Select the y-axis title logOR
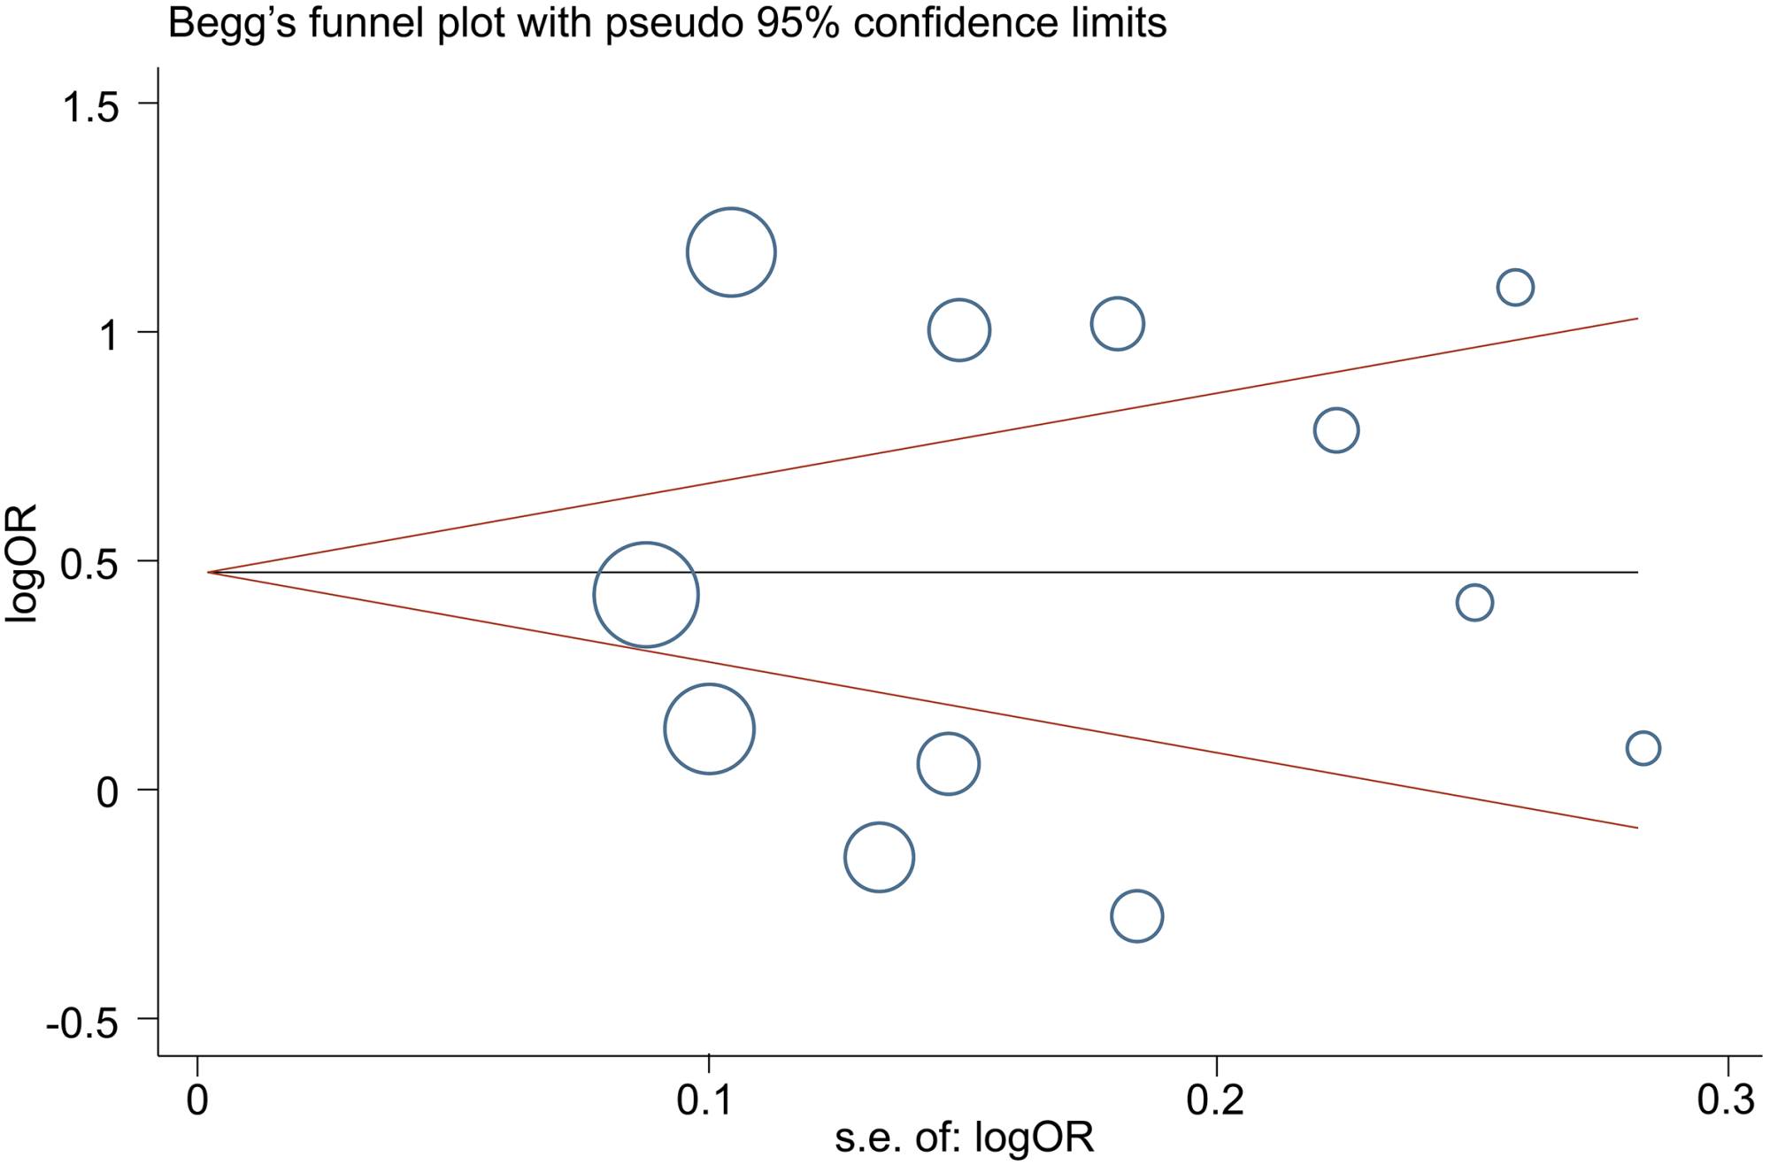(x=22, y=563)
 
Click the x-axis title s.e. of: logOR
(x=964, y=1138)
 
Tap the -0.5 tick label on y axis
(x=82, y=1024)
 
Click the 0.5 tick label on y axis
(x=89, y=566)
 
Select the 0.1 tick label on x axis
(x=707, y=1099)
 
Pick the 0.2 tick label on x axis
(x=1217, y=1099)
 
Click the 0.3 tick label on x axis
(x=1726, y=1099)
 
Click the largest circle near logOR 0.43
(x=646, y=594)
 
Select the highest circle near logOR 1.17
(x=731, y=252)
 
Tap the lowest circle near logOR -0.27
(x=1136, y=915)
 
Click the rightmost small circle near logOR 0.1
(x=1643, y=748)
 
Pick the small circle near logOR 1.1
(x=1515, y=287)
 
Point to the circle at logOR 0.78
(x=1336, y=430)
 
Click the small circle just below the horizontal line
(x=1474, y=603)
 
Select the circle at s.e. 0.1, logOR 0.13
(x=709, y=729)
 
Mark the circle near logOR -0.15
(x=879, y=856)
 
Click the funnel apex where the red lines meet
(x=209, y=573)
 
